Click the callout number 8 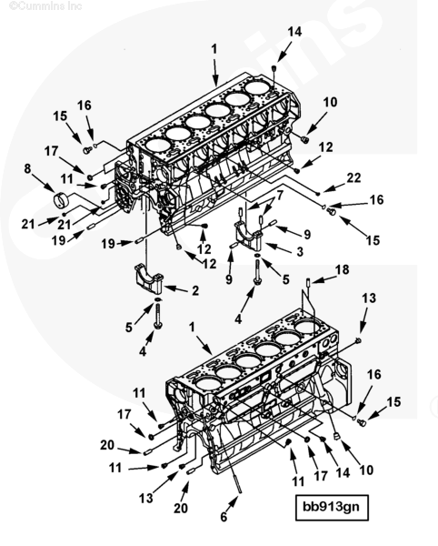[27, 168]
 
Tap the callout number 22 [353, 177]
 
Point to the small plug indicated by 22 [318, 193]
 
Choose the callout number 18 [342, 269]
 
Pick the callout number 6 [224, 517]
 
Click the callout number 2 [195, 290]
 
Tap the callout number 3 [299, 251]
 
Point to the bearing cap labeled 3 [248, 236]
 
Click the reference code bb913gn [332, 507]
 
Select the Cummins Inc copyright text [45, 6]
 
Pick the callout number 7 [280, 196]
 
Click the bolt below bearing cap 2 [158, 316]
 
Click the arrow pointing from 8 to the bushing [44, 181]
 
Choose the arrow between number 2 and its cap [176, 288]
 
